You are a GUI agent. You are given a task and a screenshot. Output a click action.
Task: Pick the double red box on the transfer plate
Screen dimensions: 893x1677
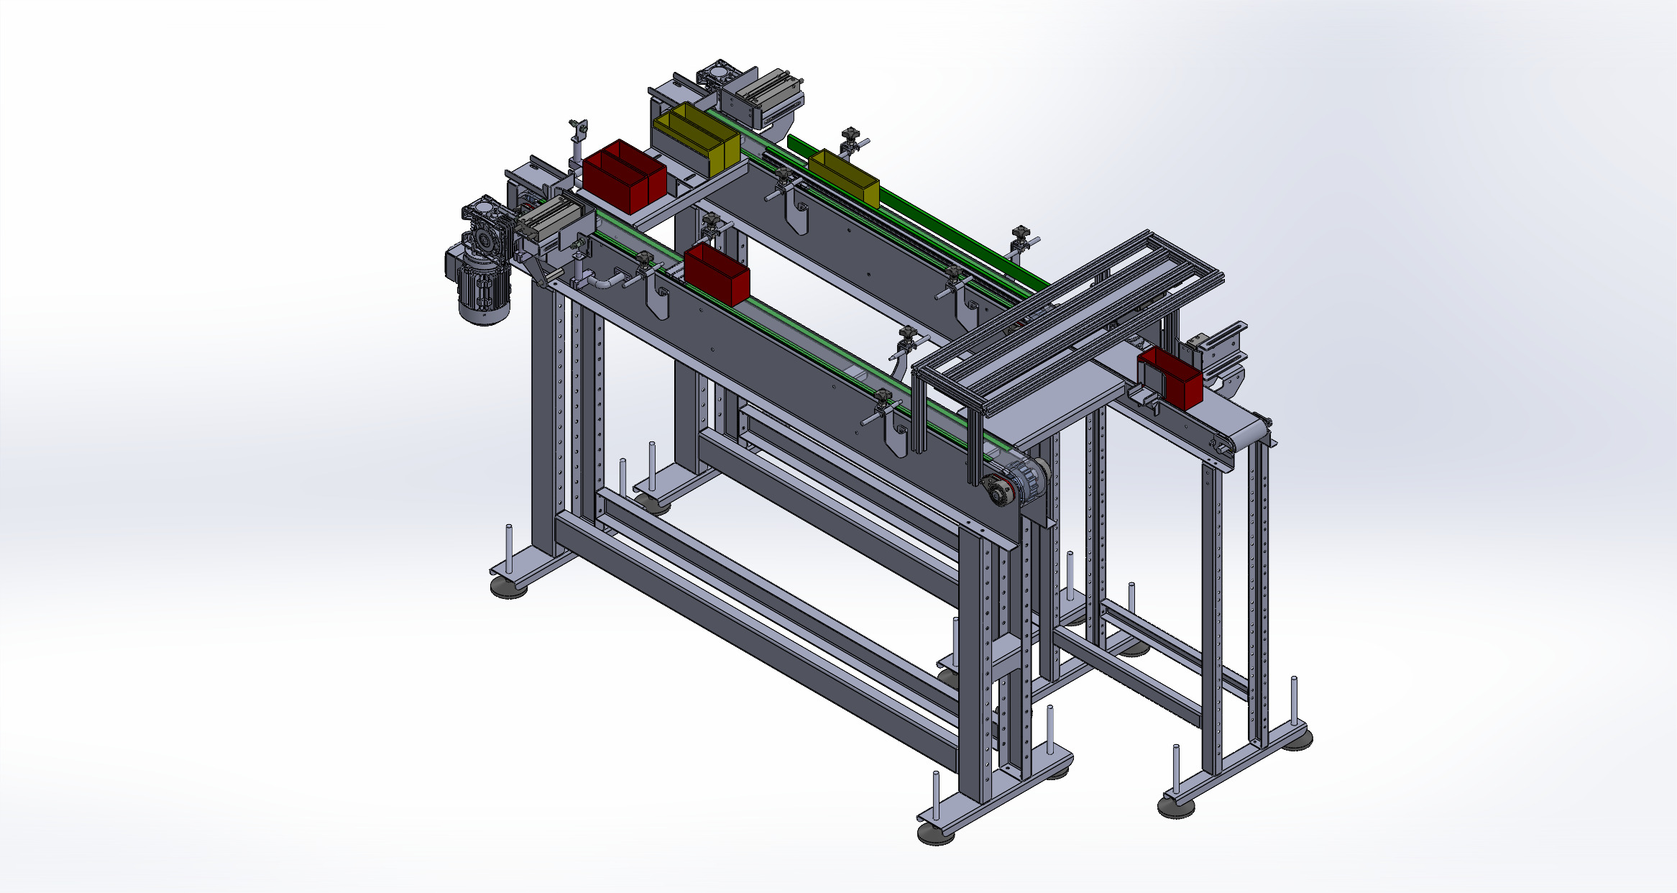tap(624, 176)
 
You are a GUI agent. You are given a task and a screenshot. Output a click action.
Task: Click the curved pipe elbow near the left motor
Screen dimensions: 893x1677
tap(608, 282)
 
